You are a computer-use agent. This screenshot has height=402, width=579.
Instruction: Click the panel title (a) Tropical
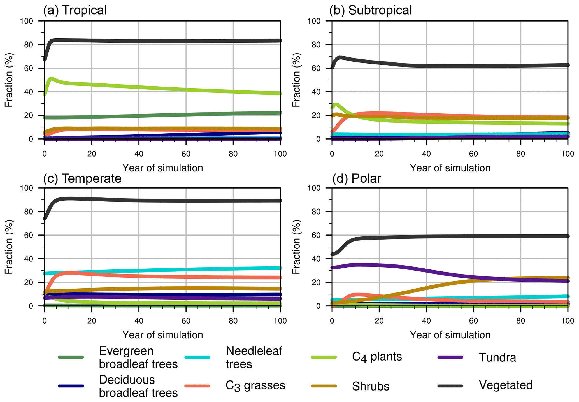point(75,10)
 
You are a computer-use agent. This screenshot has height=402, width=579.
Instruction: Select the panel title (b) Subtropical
point(370,10)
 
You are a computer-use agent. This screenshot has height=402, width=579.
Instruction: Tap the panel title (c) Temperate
point(82,178)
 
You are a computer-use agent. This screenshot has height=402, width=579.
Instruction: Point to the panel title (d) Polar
point(356,178)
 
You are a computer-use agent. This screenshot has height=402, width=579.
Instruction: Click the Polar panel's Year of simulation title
point(450,335)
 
